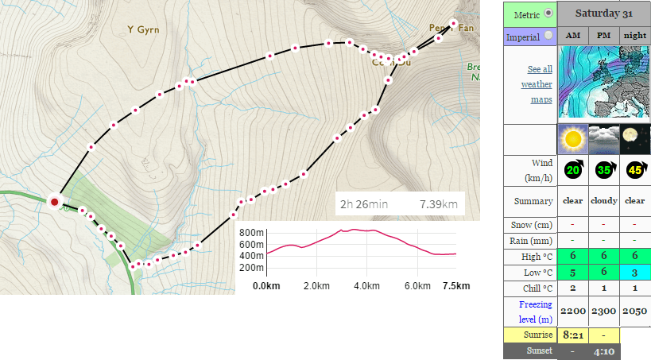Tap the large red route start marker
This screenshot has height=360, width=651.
tap(54, 202)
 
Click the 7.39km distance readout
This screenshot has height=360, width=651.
tap(439, 205)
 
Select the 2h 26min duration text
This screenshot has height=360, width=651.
tap(364, 205)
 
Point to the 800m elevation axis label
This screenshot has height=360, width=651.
tap(252, 233)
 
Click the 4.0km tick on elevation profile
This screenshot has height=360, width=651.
tap(366, 285)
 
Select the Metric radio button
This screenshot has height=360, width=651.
tap(548, 14)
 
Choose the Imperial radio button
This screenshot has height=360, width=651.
tap(548, 36)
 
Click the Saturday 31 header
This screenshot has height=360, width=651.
tap(603, 14)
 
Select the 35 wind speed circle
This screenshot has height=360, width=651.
tap(603, 169)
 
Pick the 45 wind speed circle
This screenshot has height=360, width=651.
tap(634, 169)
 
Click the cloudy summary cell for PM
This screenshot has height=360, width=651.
tap(603, 201)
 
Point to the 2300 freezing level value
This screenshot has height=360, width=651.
tap(603, 310)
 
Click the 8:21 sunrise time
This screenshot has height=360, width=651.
tap(572, 335)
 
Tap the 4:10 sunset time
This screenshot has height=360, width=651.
tap(603, 351)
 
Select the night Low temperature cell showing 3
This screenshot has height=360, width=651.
tap(634, 273)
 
